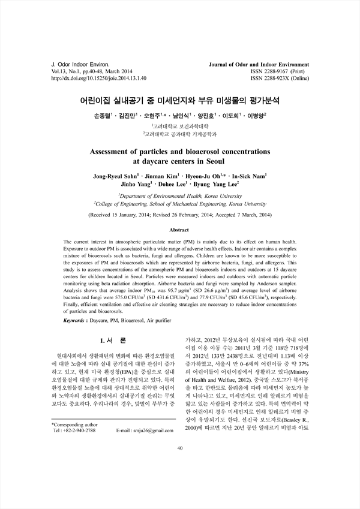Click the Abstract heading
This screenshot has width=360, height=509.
(x=180, y=230)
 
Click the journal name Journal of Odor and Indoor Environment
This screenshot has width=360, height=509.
(x=259, y=64)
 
